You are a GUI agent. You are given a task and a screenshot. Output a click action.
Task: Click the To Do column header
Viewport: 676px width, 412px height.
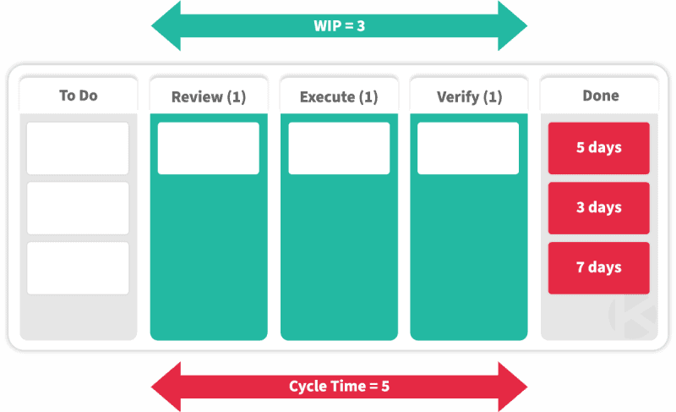(78, 96)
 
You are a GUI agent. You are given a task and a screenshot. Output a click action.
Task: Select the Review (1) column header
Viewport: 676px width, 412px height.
(208, 96)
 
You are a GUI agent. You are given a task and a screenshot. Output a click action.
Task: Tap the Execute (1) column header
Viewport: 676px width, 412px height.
(338, 96)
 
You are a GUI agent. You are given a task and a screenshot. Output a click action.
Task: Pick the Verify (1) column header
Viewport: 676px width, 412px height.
(469, 96)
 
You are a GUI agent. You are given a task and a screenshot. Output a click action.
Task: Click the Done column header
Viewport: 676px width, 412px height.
(599, 96)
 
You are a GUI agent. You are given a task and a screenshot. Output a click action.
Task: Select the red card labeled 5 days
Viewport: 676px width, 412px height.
(598, 148)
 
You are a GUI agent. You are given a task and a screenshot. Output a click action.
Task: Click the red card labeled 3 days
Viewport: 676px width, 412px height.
(598, 208)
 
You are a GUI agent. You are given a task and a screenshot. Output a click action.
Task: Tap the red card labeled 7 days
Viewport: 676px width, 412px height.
(598, 268)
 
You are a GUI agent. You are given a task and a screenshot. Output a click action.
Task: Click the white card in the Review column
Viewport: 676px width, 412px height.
(208, 148)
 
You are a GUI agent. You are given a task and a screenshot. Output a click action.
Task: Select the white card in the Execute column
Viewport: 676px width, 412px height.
(338, 148)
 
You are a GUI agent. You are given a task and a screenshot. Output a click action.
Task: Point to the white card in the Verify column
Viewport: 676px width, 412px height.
(468, 148)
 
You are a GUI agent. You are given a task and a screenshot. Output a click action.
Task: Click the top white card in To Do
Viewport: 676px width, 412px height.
(78, 148)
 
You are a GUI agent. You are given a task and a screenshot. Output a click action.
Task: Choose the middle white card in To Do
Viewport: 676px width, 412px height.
(78, 208)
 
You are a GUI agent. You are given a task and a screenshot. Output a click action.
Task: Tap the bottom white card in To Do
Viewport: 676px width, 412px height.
(78, 268)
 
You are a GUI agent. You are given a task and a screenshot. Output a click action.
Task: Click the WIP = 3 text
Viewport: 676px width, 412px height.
(338, 25)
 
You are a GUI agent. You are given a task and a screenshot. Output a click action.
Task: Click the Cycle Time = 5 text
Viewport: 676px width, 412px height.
(338, 387)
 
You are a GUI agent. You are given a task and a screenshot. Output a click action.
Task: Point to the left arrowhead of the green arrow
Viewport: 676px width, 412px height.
(165, 25)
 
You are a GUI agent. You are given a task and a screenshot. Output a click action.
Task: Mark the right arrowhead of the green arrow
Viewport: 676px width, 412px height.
(513, 25)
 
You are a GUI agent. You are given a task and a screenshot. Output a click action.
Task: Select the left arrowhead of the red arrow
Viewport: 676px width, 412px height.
(165, 387)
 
